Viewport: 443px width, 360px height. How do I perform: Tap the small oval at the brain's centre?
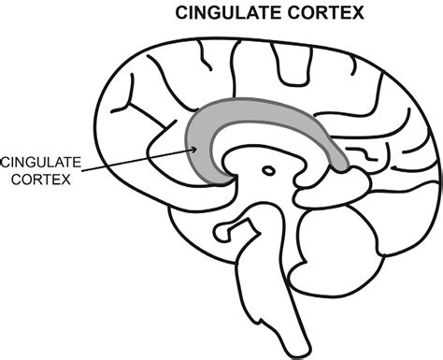click(269, 170)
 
